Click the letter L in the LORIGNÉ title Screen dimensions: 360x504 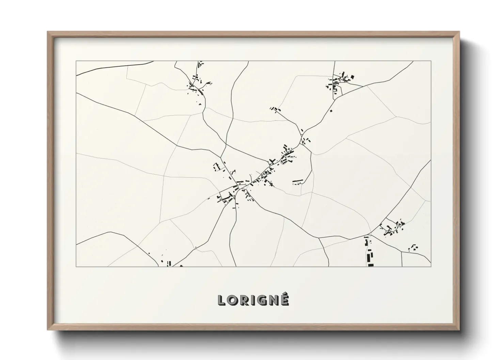tap(222, 300)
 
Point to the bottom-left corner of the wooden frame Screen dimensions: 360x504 tap(48, 329)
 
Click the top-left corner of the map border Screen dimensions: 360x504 tap(76, 61)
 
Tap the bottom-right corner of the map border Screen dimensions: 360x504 tap(431, 266)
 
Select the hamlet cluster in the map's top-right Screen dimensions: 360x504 tap(339, 82)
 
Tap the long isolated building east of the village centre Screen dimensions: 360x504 tap(298, 181)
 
